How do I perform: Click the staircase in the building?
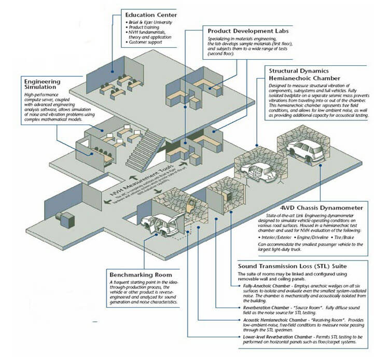point(145,147)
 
